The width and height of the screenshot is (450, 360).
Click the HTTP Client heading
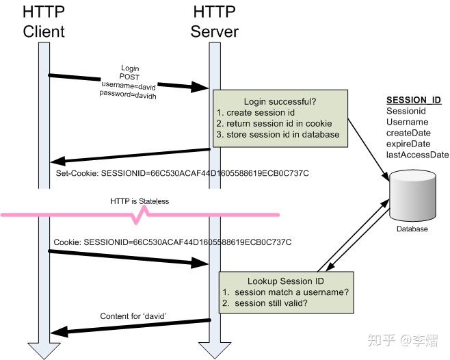pyautogui.click(x=43, y=21)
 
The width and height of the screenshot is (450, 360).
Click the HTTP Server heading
pyautogui.click(x=213, y=21)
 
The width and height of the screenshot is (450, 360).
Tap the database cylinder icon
pyautogui.click(x=413, y=196)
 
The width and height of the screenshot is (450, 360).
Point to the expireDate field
pyautogui.click(x=409, y=144)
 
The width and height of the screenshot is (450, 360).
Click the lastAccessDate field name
pyautogui.click(x=417, y=155)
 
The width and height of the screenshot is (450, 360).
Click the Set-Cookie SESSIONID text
pyautogui.click(x=182, y=174)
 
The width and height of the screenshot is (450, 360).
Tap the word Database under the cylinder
pyautogui.click(x=412, y=229)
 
